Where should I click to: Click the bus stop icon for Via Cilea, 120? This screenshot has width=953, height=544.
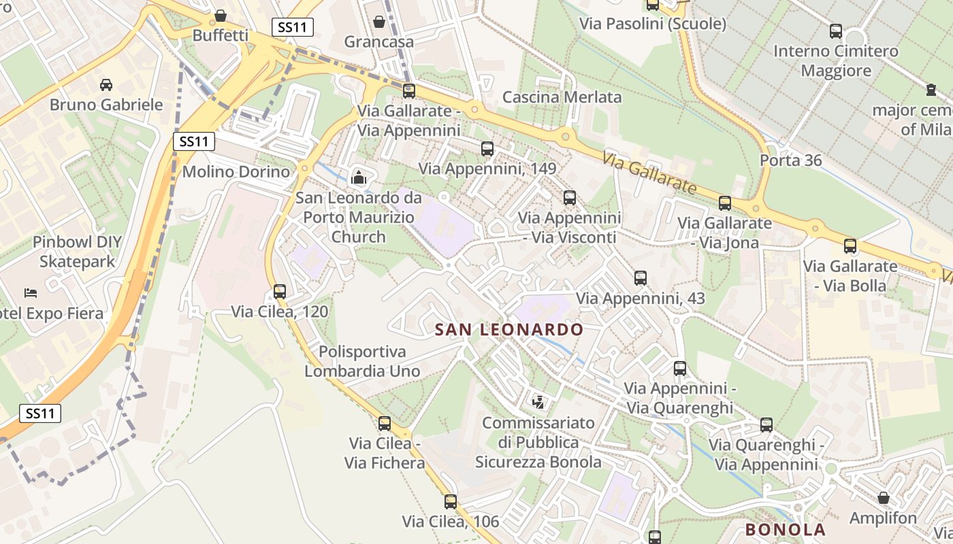pos(280,292)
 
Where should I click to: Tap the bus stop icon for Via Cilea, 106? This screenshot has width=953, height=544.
pos(451,502)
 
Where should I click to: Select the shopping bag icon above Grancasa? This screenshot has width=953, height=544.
pos(379,22)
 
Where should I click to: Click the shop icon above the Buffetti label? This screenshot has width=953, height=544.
pos(221,15)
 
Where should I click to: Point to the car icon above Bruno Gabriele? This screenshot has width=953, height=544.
pos(106,85)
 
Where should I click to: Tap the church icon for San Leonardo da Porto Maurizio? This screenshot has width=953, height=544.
pos(358,178)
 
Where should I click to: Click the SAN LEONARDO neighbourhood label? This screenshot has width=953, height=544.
pos(508,330)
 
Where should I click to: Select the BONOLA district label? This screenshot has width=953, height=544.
pos(785,530)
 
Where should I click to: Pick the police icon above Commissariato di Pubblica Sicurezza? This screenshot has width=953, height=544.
pos(538,402)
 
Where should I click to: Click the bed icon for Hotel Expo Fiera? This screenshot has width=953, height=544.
pos(31,293)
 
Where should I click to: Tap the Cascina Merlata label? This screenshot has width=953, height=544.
pos(562,97)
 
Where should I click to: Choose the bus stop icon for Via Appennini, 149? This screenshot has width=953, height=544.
pos(487,149)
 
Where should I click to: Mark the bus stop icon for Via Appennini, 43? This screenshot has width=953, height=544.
pos(641,278)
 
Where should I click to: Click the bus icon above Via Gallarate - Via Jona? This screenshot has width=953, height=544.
pos(725,203)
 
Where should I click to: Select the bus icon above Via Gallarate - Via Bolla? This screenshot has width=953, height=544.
pos(850,246)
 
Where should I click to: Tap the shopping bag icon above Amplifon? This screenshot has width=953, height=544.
pos(884,498)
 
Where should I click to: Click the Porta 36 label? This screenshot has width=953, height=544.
pos(790,160)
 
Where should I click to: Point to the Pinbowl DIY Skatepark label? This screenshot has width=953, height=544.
pos(77,252)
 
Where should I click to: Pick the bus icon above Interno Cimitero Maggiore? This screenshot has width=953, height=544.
pos(836,31)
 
